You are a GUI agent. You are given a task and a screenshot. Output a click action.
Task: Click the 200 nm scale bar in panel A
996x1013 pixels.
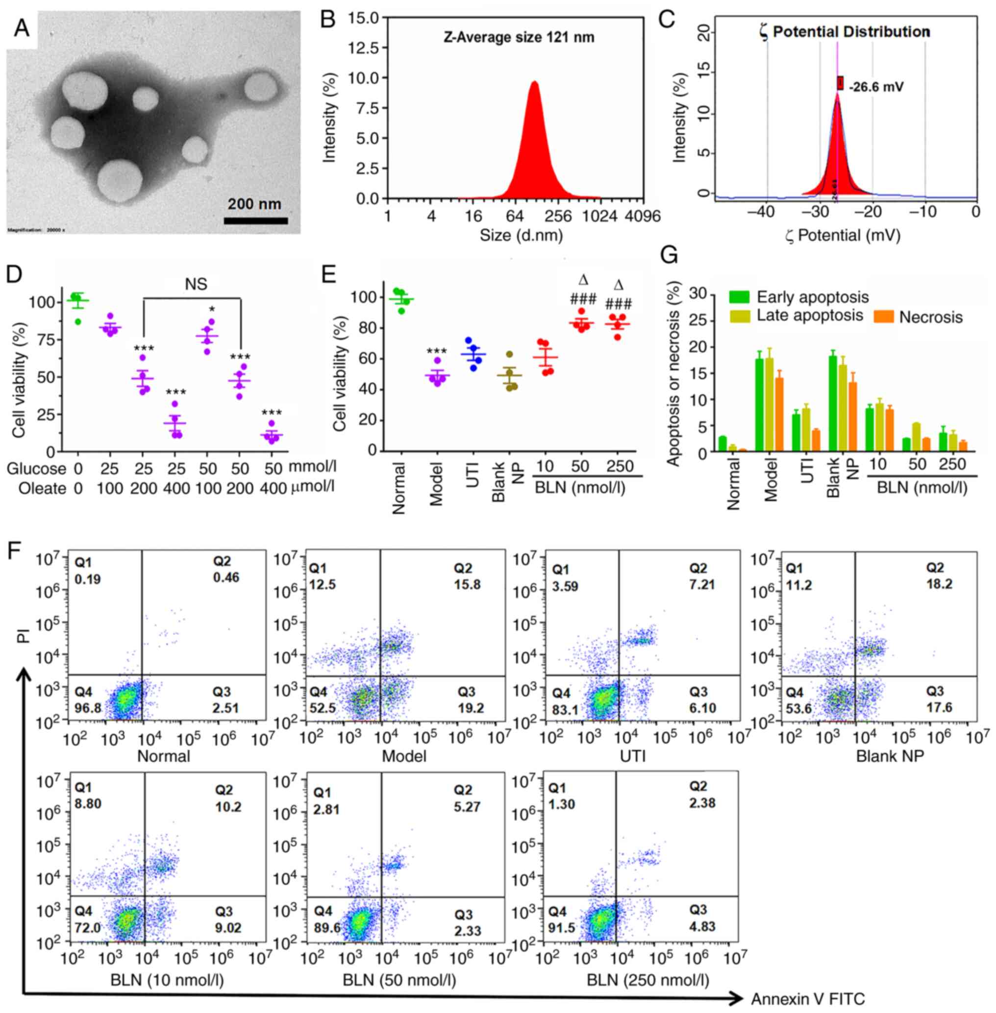(256, 220)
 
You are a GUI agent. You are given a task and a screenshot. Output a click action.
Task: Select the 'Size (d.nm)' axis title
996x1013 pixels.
(522, 236)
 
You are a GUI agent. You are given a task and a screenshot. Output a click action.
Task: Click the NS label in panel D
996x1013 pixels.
(196, 284)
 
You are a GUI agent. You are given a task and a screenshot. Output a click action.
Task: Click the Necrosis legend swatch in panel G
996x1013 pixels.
(884, 317)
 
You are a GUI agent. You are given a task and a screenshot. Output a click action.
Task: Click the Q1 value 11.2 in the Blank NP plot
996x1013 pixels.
(799, 585)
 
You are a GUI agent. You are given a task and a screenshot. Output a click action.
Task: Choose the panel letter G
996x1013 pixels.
(670, 256)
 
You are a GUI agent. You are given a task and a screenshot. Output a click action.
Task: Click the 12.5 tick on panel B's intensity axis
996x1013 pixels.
(360, 48)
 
